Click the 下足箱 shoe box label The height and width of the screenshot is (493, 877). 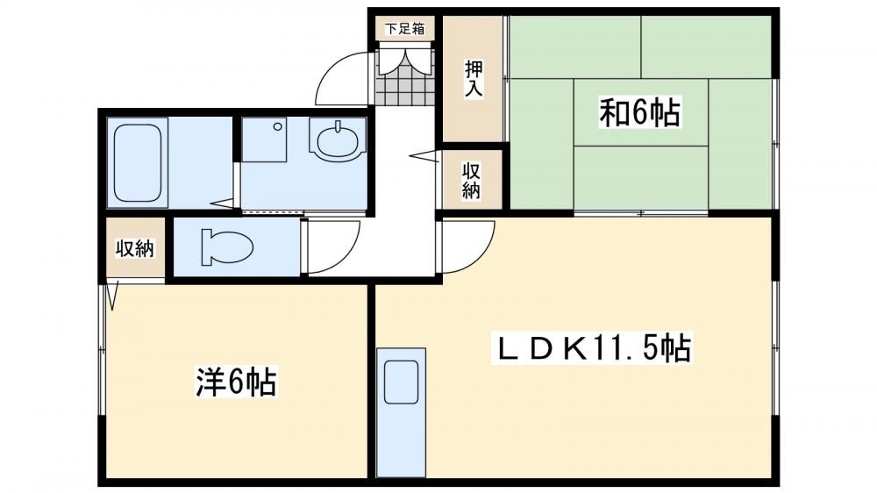pyautogui.click(x=405, y=29)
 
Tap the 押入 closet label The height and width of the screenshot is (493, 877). pyautogui.click(x=474, y=78)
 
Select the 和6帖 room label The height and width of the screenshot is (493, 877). pyautogui.click(x=640, y=112)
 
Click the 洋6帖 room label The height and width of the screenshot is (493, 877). pyautogui.click(x=235, y=382)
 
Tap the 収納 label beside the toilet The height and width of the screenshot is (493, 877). pyautogui.click(x=135, y=248)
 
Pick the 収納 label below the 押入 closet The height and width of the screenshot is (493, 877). pyautogui.click(x=471, y=181)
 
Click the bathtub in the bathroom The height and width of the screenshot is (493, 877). pyautogui.click(x=138, y=163)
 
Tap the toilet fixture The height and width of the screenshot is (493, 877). pyautogui.click(x=227, y=246)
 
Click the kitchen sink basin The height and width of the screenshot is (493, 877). pyautogui.click(x=401, y=382)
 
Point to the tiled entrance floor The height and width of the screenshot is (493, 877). pyautogui.click(x=405, y=77)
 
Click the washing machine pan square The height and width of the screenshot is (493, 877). pyautogui.click(x=264, y=139)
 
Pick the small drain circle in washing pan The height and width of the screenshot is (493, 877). pyautogui.click(x=277, y=126)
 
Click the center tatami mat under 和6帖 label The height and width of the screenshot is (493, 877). pyautogui.click(x=641, y=112)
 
